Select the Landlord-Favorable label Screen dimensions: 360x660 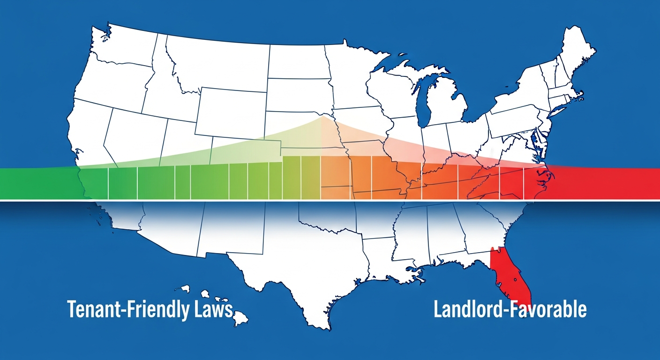[510, 310]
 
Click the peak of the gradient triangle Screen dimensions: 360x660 [322, 117]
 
